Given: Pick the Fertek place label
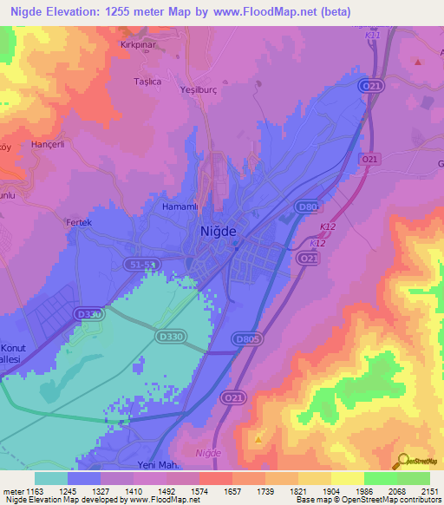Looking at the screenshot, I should [x=79, y=222].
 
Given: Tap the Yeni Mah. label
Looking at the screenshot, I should [x=131, y=464].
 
